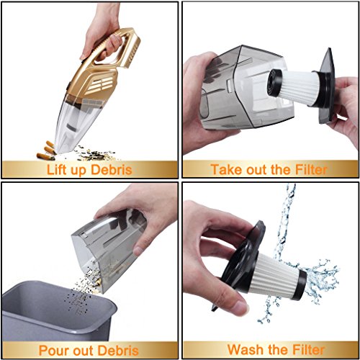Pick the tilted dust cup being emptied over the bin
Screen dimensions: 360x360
point(108,245)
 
